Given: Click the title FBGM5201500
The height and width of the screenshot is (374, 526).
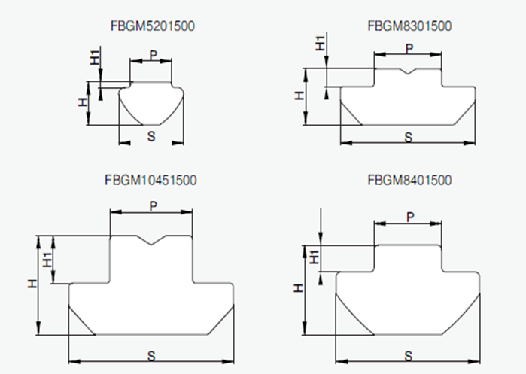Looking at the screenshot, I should click(x=153, y=26).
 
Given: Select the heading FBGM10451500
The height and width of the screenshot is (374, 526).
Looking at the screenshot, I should click(x=151, y=181).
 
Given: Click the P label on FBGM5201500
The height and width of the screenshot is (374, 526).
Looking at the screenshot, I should click(x=152, y=55).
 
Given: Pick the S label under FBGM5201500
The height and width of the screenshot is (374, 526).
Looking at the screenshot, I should click(x=151, y=135).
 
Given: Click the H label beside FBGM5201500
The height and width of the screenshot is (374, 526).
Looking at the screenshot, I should click(x=83, y=103).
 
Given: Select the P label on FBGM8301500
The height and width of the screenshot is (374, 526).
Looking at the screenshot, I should click(x=409, y=47).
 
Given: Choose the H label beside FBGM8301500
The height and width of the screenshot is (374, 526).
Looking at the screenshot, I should click(x=299, y=96).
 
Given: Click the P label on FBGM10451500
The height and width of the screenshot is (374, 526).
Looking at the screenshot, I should click(x=153, y=205).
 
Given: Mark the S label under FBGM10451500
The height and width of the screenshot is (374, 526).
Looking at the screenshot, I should click(x=151, y=354).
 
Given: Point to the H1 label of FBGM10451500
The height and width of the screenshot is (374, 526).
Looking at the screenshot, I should click(x=48, y=260).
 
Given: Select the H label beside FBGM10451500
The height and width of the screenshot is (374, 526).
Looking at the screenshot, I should click(x=32, y=284).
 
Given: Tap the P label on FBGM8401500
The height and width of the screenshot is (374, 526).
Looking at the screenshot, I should click(x=410, y=216).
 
